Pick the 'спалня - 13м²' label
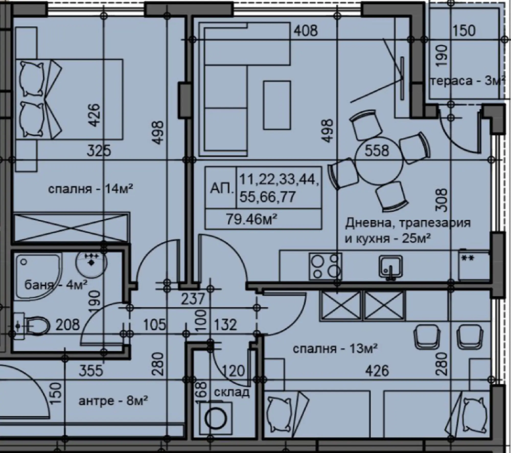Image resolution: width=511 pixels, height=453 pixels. [x=335, y=348]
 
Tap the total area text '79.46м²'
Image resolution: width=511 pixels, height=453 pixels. [x=252, y=219]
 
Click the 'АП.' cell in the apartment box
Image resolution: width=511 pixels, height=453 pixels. [x=222, y=188]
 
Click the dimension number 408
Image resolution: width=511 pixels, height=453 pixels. [x=306, y=31]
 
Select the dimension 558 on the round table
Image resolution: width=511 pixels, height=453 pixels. [x=377, y=151]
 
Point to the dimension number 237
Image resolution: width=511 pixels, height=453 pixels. [x=193, y=299]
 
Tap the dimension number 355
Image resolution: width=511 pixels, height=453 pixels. [x=91, y=371]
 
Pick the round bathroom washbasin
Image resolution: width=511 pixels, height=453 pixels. [x=91, y=262]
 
